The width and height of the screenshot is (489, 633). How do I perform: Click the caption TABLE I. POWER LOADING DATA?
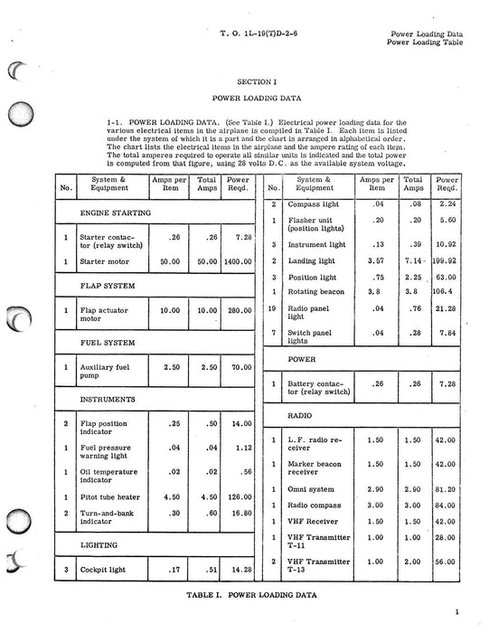(244, 598)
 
